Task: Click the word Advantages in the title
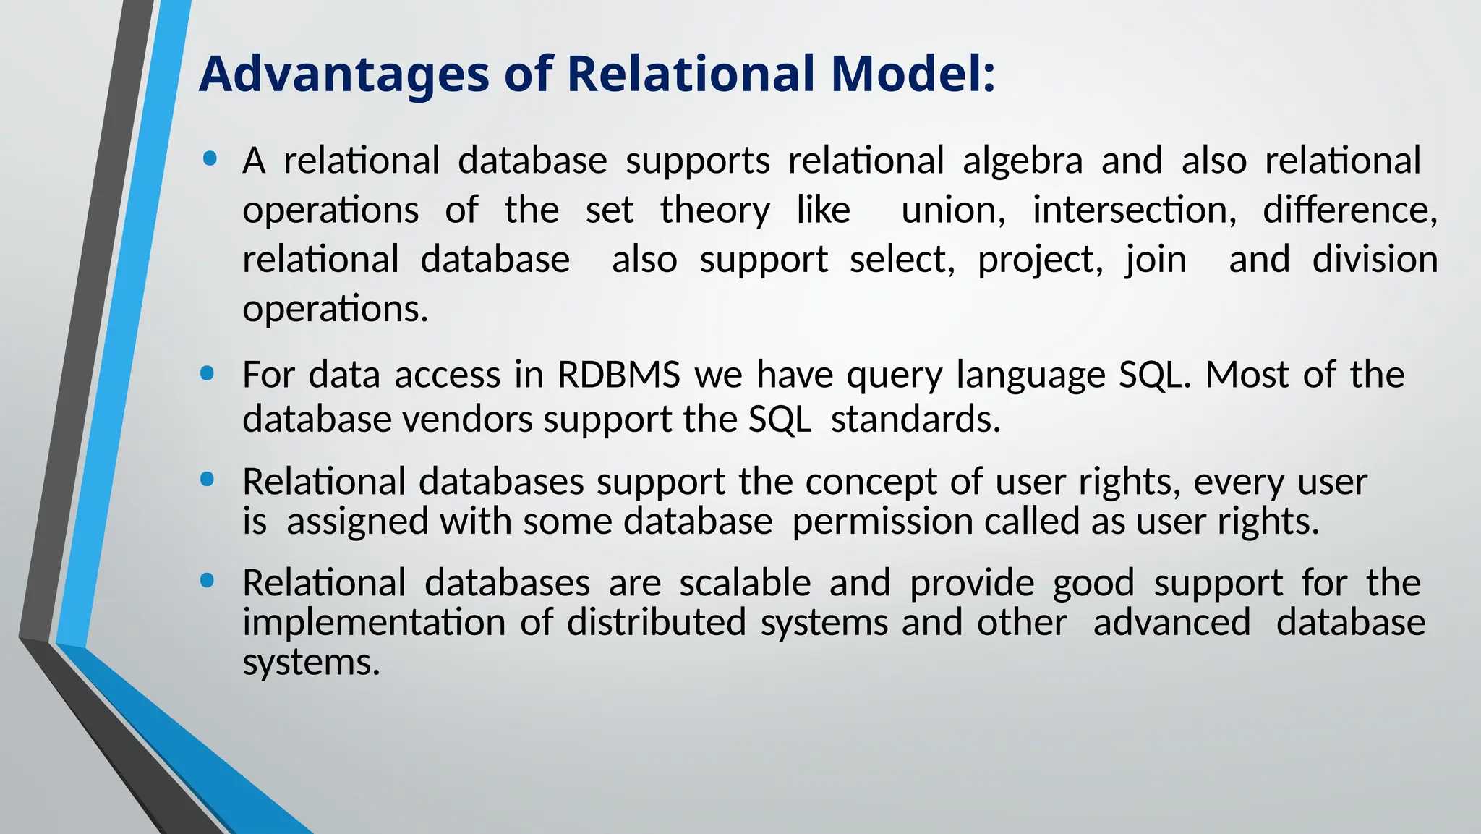pos(343,75)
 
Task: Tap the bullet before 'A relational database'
pos(210,158)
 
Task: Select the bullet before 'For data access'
pos(208,373)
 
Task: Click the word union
pos(952,210)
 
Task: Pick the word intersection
pos(1134,210)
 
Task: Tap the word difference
pos(1349,210)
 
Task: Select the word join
pos(1156,260)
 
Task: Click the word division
pos(1375,260)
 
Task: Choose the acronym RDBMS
pos(619,375)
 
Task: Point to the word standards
pos(916,420)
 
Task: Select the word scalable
pos(745,583)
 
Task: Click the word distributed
pos(656,623)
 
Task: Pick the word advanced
pos(1171,623)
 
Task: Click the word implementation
pos(374,623)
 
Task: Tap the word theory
pos(714,210)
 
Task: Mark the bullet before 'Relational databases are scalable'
pos(208,581)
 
